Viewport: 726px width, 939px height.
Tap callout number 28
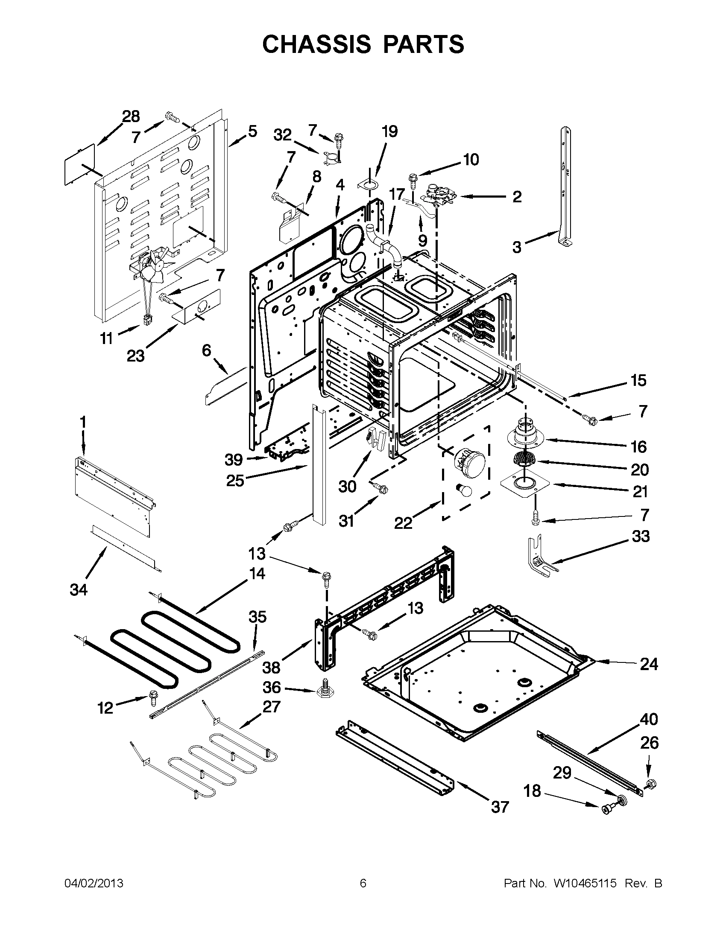[x=131, y=117]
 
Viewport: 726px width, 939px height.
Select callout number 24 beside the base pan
[x=649, y=664]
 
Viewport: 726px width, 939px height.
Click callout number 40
[x=649, y=719]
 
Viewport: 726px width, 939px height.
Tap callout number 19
[x=389, y=131]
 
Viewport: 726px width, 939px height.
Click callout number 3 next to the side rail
[x=517, y=247]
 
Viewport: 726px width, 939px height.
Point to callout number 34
[x=79, y=589]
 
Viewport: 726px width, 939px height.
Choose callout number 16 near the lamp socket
[x=639, y=447]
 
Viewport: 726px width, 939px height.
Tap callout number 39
[x=234, y=460]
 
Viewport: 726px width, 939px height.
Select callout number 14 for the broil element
[x=257, y=573]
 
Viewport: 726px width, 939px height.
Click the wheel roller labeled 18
[x=606, y=809]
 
